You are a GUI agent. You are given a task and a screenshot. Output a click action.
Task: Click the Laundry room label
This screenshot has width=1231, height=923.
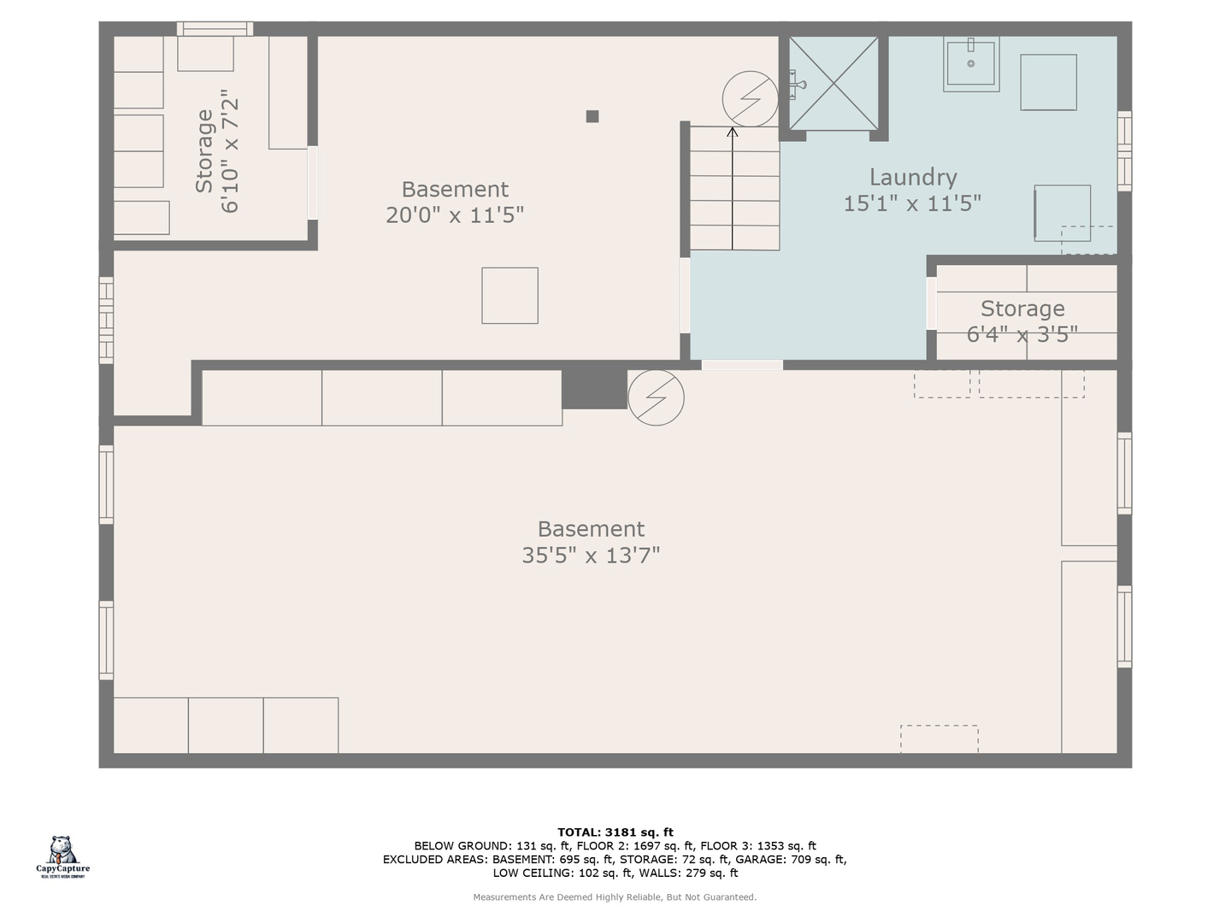tap(912, 177)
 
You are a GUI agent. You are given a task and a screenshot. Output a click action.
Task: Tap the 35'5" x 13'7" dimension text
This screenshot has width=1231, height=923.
tap(591, 556)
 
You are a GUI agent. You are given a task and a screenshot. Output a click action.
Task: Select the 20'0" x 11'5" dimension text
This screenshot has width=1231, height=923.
tap(454, 215)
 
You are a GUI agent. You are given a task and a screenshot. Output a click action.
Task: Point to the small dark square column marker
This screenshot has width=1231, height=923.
tap(592, 116)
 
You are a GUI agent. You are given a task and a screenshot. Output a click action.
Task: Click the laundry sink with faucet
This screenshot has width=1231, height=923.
tap(971, 64)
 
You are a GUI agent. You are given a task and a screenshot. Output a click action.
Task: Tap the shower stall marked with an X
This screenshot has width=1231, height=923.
tap(833, 84)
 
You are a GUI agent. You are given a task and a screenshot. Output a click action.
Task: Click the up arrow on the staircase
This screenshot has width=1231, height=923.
tap(732, 188)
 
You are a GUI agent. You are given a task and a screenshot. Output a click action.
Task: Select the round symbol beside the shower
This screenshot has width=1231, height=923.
tap(750, 98)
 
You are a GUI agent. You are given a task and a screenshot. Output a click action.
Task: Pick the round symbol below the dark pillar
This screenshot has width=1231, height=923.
tap(656, 397)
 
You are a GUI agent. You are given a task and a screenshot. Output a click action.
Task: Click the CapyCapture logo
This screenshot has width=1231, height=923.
tap(62, 856)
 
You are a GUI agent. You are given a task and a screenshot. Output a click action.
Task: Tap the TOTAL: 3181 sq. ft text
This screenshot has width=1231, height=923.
tap(615, 832)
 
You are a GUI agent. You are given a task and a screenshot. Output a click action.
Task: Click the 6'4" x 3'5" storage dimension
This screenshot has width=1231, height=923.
tap(1022, 334)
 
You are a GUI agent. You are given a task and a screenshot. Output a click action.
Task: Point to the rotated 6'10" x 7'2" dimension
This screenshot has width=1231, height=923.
tap(230, 150)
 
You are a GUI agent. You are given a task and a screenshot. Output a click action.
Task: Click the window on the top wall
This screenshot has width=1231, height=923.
tap(215, 28)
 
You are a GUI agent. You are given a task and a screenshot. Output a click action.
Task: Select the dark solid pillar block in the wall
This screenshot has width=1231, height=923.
tap(594, 389)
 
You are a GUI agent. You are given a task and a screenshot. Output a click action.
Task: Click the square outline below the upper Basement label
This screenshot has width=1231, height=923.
tap(509, 296)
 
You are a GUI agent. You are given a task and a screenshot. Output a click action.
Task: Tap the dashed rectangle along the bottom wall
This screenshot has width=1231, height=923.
tap(939, 738)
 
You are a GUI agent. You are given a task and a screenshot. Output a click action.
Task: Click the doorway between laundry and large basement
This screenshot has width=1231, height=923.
tap(742, 365)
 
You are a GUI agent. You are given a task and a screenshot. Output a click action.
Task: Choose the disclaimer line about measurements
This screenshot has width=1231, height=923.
tap(615, 897)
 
